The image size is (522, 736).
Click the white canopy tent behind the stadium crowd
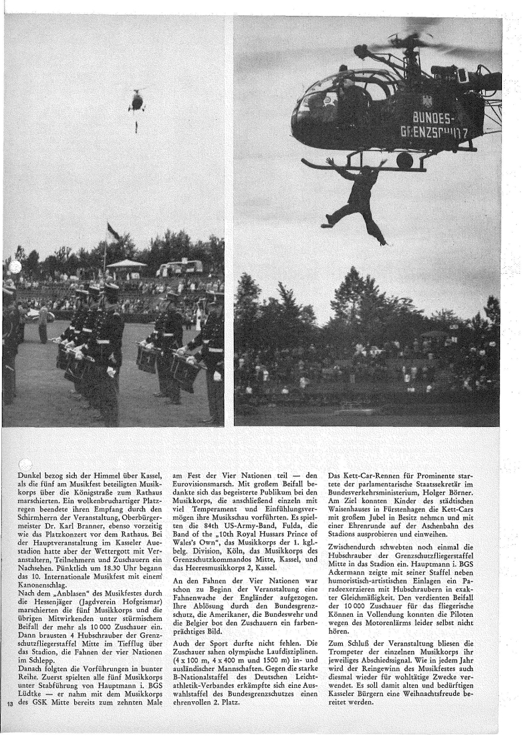[126, 264]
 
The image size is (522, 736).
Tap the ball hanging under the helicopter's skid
[404, 161]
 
